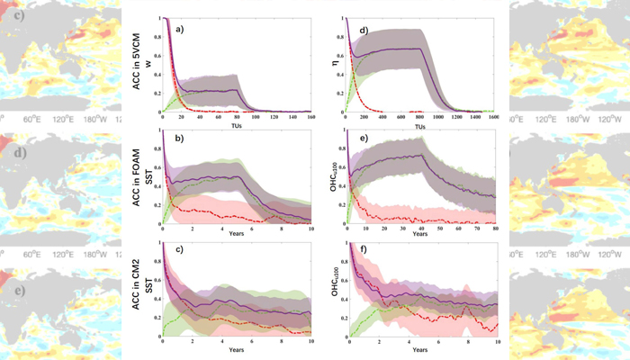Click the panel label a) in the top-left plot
(180, 29)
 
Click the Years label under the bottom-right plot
(419, 350)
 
